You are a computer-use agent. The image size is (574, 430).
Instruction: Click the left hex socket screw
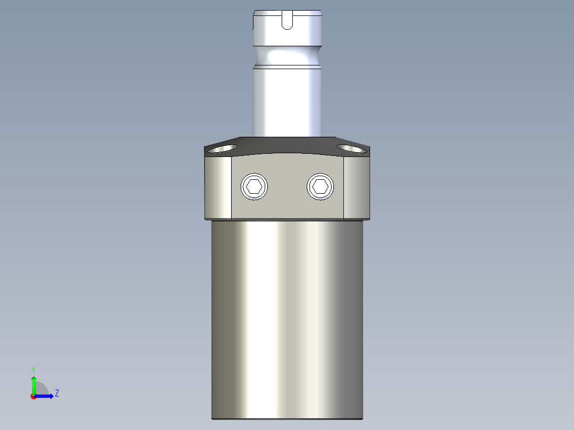(x=255, y=187)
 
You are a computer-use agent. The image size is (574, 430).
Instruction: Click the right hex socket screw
(x=321, y=186)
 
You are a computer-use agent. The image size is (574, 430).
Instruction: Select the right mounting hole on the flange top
(x=351, y=148)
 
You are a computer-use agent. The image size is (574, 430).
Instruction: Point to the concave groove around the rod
(x=287, y=55)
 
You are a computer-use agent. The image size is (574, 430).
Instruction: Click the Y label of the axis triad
(x=33, y=369)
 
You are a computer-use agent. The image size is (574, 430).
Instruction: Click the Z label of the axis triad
(x=56, y=394)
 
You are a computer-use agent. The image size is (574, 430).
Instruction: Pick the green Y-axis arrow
(x=33, y=383)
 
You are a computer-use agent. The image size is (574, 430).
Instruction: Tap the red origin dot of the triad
(x=33, y=396)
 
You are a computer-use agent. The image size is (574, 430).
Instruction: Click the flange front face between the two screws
(x=288, y=186)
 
